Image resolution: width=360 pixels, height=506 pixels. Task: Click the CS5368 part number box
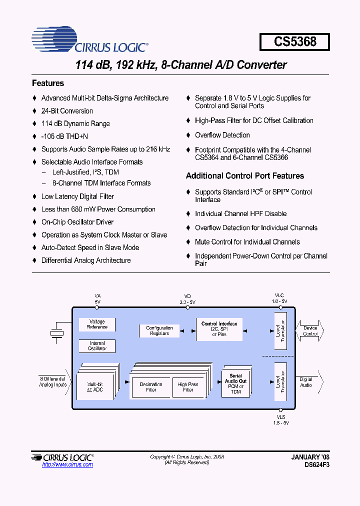(x=295, y=41)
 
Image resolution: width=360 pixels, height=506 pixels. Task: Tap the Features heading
(x=48, y=83)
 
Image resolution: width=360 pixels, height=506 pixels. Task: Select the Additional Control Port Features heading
(x=245, y=176)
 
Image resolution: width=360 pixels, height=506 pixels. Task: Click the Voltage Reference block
(x=97, y=324)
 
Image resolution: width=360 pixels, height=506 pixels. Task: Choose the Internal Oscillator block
(x=97, y=346)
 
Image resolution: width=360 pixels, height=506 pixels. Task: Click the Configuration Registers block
(x=159, y=330)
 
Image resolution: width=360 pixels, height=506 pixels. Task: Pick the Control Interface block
(x=219, y=329)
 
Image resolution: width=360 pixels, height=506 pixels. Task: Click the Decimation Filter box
(x=151, y=387)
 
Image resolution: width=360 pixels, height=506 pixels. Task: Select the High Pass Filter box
(x=188, y=387)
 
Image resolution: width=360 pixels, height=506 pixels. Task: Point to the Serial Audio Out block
(x=235, y=383)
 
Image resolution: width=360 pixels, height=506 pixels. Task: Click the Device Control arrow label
(x=310, y=330)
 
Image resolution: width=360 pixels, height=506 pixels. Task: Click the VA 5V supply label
(x=97, y=299)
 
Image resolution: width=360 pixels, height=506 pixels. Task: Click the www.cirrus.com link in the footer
(x=67, y=465)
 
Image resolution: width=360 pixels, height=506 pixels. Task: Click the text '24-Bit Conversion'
(x=67, y=111)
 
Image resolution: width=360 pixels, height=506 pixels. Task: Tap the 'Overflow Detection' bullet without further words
(x=222, y=135)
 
